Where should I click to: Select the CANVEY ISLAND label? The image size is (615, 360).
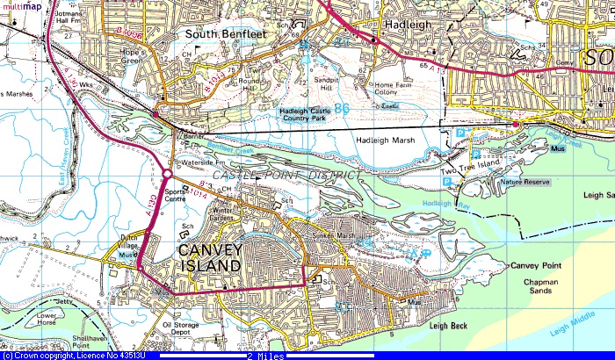coord(210,257)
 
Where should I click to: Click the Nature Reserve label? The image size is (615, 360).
coord(525,182)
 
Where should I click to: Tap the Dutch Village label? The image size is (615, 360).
coord(123,248)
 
